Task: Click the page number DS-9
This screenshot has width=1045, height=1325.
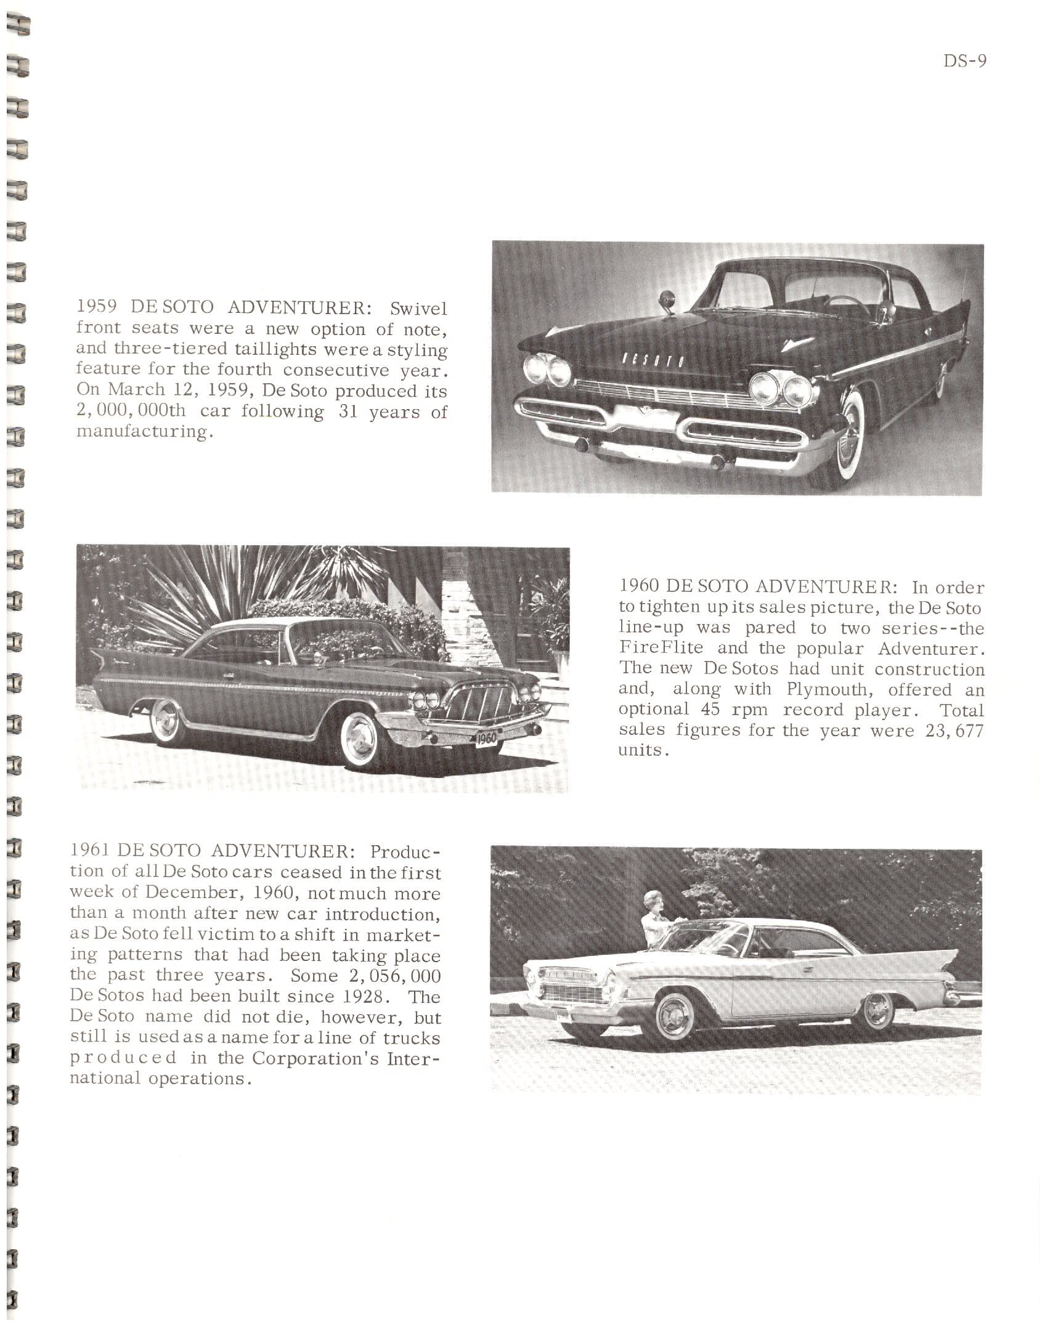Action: tap(964, 62)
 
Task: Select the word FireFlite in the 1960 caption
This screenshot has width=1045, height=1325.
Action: tap(652, 648)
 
